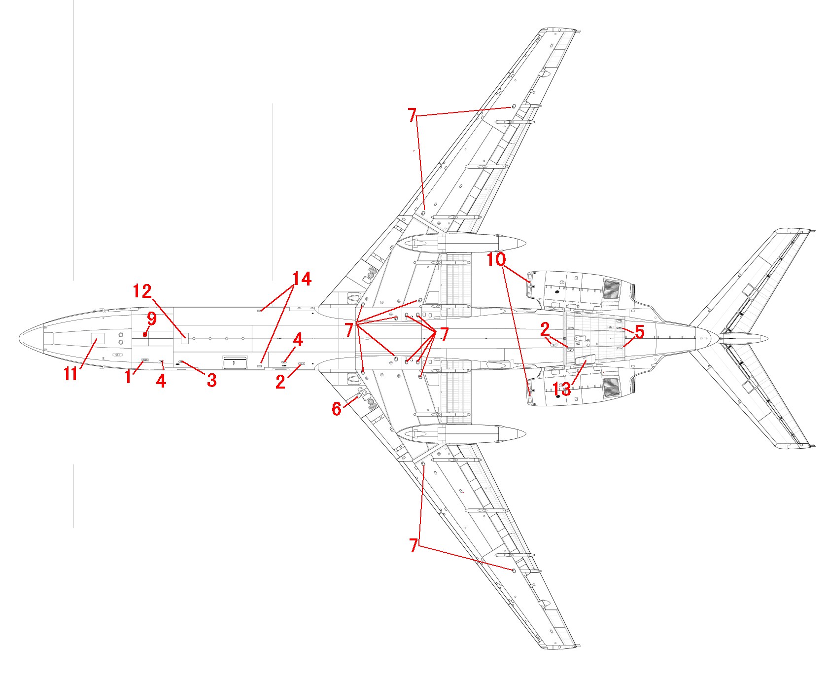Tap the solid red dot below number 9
tap(144, 334)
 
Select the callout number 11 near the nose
tap(70, 374)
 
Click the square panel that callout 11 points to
tap(98, 339)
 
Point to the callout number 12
tap(142, 291)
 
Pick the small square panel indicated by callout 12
tap(185, 338)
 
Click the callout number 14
tap(302, 279)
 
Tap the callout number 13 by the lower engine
tap(562, 390)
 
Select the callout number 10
tap(497, 259)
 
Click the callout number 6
tap(337, 409)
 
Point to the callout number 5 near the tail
tap(639, 332)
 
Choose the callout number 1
tap(128, 377)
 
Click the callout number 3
tap(211, 380)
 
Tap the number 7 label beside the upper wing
tap(413, 115)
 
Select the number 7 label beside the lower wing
tap(413, 545)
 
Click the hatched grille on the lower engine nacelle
tap(612, 388)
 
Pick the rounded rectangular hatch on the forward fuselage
tap(235, 363)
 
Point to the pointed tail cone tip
tap(767, 338)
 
